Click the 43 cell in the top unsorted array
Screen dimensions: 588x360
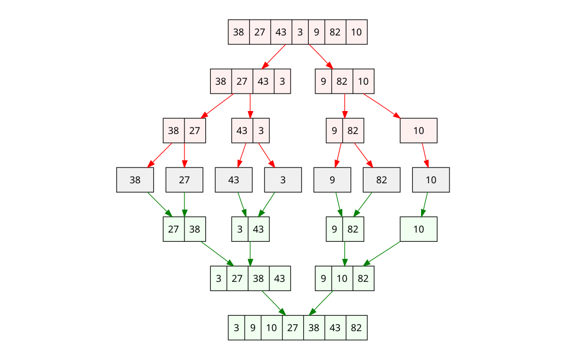(281, 32)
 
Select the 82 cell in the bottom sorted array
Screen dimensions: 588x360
(356, 327)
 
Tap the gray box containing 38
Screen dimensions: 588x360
(135, 179)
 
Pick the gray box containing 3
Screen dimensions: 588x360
(283, 179)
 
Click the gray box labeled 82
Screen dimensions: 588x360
(381, 179)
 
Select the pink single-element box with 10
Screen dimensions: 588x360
(418, 130)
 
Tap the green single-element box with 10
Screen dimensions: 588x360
(418, 229)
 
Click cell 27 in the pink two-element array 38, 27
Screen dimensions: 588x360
(195, 130)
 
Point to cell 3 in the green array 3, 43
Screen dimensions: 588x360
(240, 229)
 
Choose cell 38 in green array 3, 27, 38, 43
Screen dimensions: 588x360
(258, 278)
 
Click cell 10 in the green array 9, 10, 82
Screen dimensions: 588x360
(342, 278)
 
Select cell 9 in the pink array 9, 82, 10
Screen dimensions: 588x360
(324, 81)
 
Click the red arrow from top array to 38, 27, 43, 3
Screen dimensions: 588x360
(275, 56)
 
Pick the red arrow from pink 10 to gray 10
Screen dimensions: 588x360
(425, 155)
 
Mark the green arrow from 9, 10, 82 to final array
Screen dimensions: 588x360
(321, 303)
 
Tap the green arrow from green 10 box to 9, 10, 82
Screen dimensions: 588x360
(383, 253)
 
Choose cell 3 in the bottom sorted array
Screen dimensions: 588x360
(237, 327)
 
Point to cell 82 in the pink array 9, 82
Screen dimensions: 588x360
(353, 130)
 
